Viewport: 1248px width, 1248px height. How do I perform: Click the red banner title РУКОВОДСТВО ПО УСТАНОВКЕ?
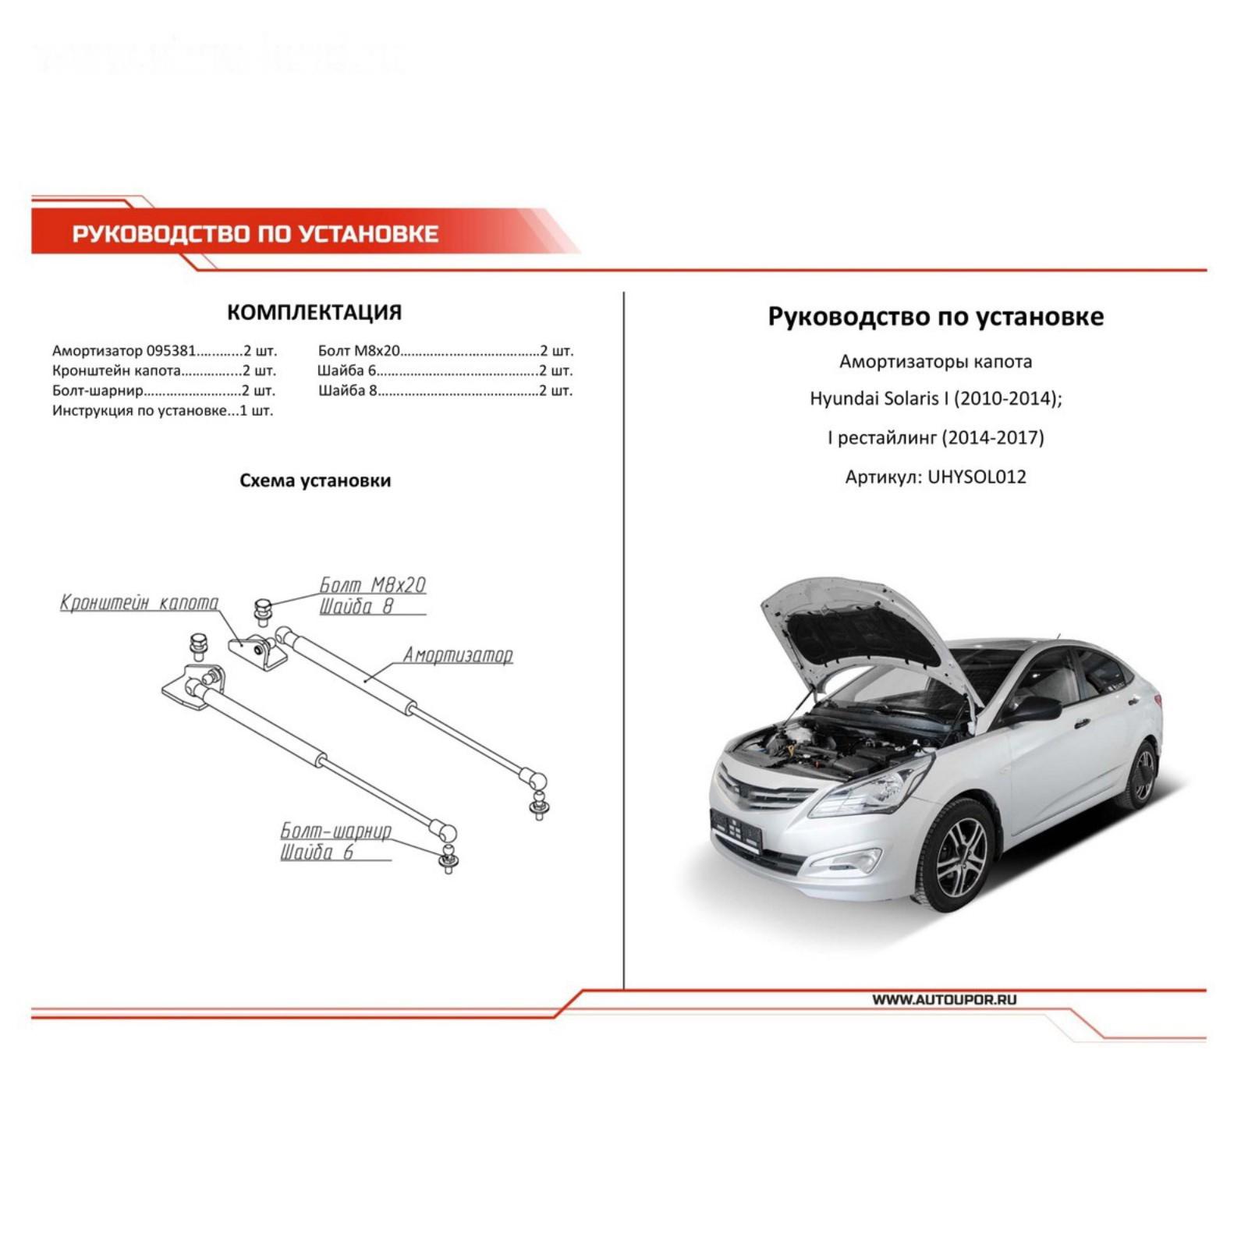pos(255,234)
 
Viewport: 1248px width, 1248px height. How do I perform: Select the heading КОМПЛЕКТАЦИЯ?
pos(314,313)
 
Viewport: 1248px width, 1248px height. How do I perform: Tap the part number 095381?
pos(171,351)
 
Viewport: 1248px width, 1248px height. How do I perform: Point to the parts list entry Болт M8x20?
pos(359,351)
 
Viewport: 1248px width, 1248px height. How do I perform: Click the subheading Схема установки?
pos(314,480)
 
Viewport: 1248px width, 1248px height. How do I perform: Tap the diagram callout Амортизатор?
pos(457,655)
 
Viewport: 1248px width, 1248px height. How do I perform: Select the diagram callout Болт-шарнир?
pos(335,831)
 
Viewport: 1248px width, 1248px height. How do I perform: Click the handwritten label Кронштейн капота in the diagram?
pos(139,603)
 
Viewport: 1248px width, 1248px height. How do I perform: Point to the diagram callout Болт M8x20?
pos(373,585)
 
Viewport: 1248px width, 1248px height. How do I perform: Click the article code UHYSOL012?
pos(977,477)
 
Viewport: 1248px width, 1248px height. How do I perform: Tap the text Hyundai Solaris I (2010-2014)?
pos(935,399)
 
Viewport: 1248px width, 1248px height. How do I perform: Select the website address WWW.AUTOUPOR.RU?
pos(944,999)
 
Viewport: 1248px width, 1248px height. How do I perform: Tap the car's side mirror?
pos(1033,709)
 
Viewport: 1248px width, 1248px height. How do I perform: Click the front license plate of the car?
pos(736,828)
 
